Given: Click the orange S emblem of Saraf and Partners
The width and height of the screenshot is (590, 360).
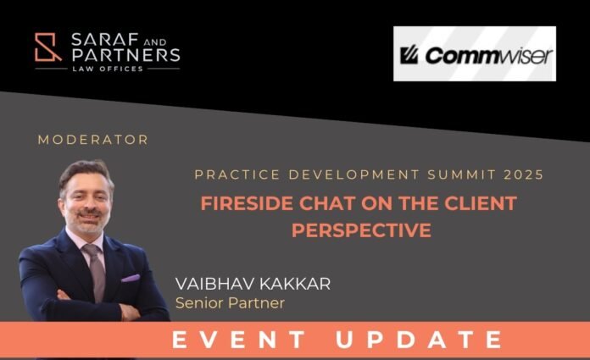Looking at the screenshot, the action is point(47,47).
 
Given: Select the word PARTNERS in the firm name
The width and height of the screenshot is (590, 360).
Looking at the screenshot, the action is point(125,55).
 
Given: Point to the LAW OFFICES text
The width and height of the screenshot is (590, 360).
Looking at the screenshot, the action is point(108,69).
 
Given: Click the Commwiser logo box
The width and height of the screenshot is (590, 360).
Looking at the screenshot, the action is point(475,53).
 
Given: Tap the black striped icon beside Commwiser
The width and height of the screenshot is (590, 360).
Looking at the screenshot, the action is point(409,56).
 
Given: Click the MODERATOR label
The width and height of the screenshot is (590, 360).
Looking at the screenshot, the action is point(93,140).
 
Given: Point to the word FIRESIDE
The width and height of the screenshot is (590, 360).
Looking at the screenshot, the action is point(247,203).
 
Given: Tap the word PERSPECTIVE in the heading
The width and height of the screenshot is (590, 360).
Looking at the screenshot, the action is point(361,230).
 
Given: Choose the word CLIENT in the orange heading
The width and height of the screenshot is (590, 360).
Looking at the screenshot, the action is point(481,203).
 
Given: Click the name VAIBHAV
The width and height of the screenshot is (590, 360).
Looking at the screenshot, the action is point(214,284).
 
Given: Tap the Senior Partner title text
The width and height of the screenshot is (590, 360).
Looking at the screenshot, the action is point(230,303).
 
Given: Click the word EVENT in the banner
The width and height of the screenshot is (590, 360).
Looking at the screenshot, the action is point(238,340).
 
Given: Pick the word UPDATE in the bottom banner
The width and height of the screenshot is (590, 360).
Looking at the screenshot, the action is point(419,340).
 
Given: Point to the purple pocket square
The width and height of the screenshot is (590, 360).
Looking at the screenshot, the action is point(131,279).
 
